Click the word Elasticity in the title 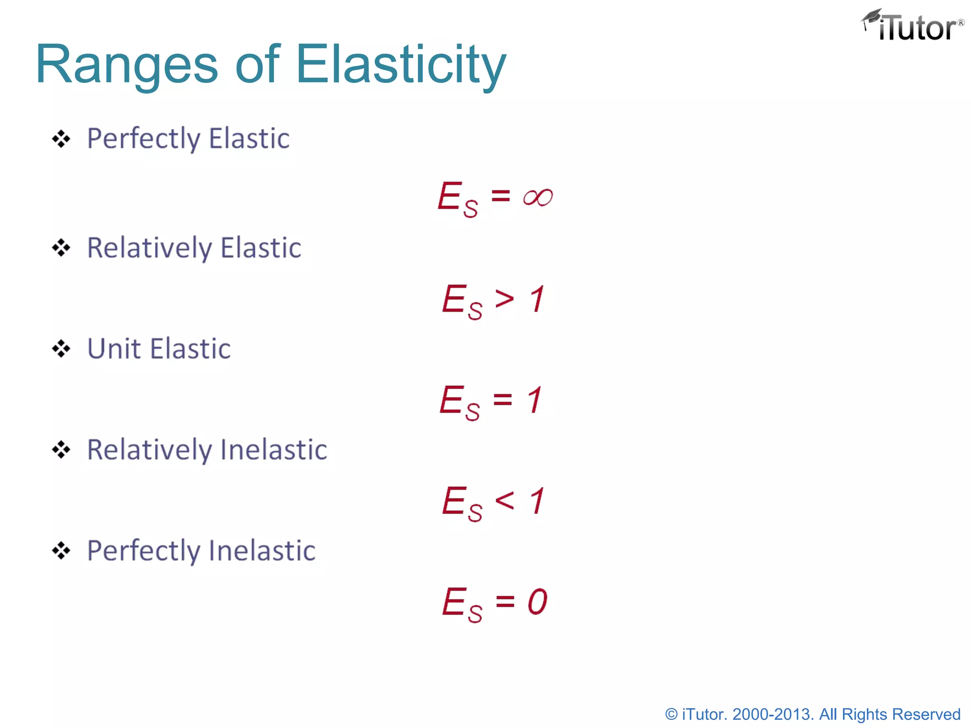click(401, 65)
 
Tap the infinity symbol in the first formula click(538, 197)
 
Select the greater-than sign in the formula click(504, 299)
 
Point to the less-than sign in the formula click(504, 500)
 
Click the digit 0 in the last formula click(537, 602)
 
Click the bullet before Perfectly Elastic click(61, 139)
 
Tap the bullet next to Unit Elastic click(61, 349)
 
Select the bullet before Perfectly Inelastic click(61, 551)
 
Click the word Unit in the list click(114, 349)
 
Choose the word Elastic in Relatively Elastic click(261, 248)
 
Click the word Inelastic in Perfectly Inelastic click(262, 551)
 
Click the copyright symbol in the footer click(671, 714)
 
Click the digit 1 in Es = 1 click(534, 400)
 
